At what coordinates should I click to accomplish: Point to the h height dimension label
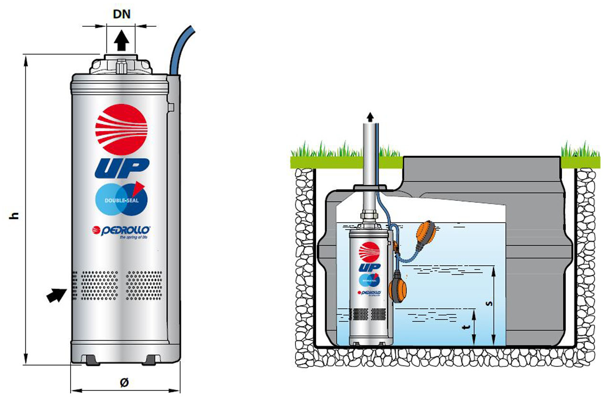(15, 215)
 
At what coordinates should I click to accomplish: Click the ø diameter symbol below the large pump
(124, 382)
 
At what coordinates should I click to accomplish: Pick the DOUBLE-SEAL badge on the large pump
(121, 199)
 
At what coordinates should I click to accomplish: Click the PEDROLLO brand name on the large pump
(125, 230)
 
